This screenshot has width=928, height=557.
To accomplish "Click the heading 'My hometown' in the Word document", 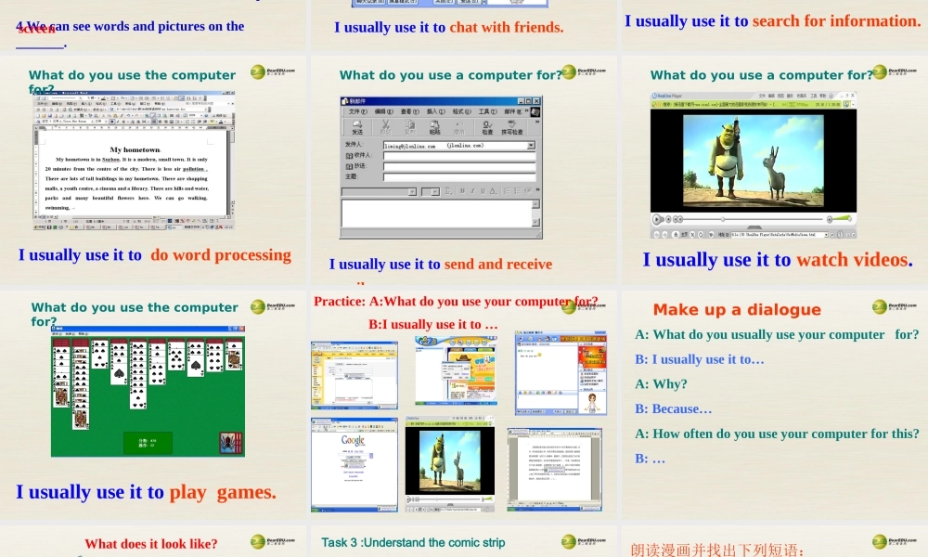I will pyautogui.click(x=135, y=149).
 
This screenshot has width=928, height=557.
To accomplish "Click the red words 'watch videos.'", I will pyautogui.click(x=854, y=260).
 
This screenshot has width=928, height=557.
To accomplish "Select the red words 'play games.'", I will pyautogui.click(x=223, y=492).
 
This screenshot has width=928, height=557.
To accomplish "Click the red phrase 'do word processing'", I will pyautogui.click(x=221, y=255).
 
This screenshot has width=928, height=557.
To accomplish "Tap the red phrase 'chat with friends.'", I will pyautogui.click(x=506, y=27).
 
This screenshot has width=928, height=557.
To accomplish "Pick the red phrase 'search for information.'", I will pyautogui.click(x=836, y=20).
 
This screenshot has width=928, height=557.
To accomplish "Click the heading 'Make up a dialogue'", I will pyautogui.click(x=737, y=310).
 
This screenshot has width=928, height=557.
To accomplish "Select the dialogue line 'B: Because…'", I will pyautogui.click(x=674, y=408).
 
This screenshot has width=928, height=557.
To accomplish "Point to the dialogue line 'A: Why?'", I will pyautogui.click(x=661, y=383).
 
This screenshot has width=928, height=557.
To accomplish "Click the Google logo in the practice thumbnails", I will pyautogui.click(x=354, y=441).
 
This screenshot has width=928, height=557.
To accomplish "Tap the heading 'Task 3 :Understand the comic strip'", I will pyautogui.click(x=413, y=542).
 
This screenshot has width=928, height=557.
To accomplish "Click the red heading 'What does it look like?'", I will pyautogui.click(x=151, y=544).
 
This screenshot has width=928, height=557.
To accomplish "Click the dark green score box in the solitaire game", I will pyautogui.click(x=148, y=442).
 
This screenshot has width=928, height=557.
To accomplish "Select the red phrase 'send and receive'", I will pyautogui.click(x=498, y=265).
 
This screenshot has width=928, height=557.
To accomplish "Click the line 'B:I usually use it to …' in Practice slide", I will pyautogui.click(x=433, y=324).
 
